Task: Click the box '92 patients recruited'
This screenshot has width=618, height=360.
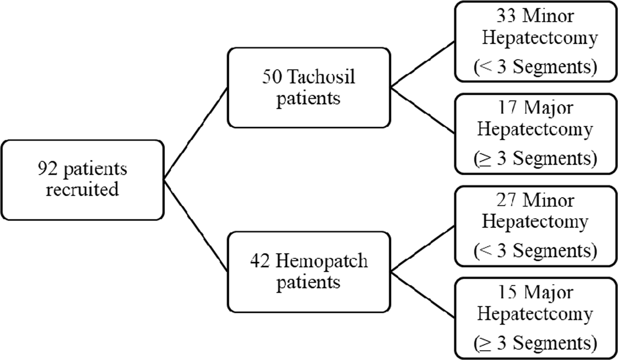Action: point(82,180)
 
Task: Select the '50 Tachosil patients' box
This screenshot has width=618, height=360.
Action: point(309,87)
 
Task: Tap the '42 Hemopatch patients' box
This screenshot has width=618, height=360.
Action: point(309,272)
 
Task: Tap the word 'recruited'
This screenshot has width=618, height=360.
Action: point(82,190)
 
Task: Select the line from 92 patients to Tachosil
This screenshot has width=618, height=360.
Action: point(196,134)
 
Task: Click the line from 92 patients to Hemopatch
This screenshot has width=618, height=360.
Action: point(196,226)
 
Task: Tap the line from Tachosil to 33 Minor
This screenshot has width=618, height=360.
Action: point(422,65)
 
